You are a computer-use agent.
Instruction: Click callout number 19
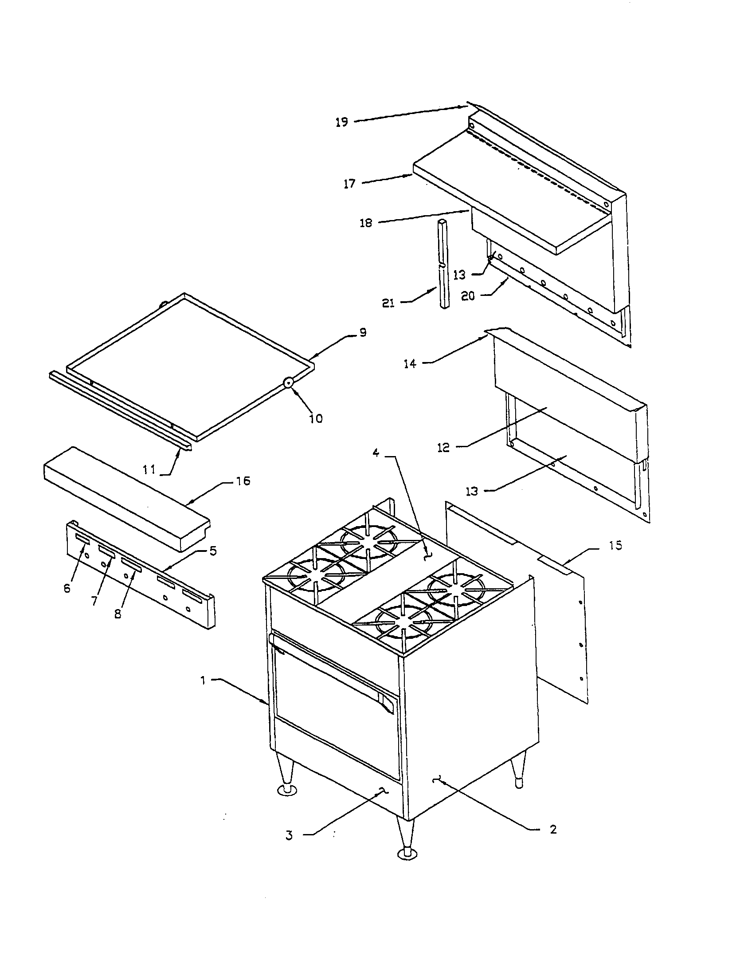341,122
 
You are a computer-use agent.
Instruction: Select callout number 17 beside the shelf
349,184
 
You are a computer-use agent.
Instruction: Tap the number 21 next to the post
388,303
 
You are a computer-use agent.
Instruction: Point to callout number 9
363,332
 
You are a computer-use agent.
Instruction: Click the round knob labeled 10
289,382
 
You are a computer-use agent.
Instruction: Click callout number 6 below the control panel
67,588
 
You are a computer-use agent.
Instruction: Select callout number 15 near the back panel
615,545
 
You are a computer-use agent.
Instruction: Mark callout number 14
410,364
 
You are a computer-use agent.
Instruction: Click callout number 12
443,447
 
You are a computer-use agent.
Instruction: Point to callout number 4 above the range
376,453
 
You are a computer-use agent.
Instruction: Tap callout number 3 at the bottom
289,835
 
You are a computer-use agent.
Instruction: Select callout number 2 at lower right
553,830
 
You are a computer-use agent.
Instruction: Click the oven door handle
330,673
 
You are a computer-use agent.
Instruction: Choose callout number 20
467,296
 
